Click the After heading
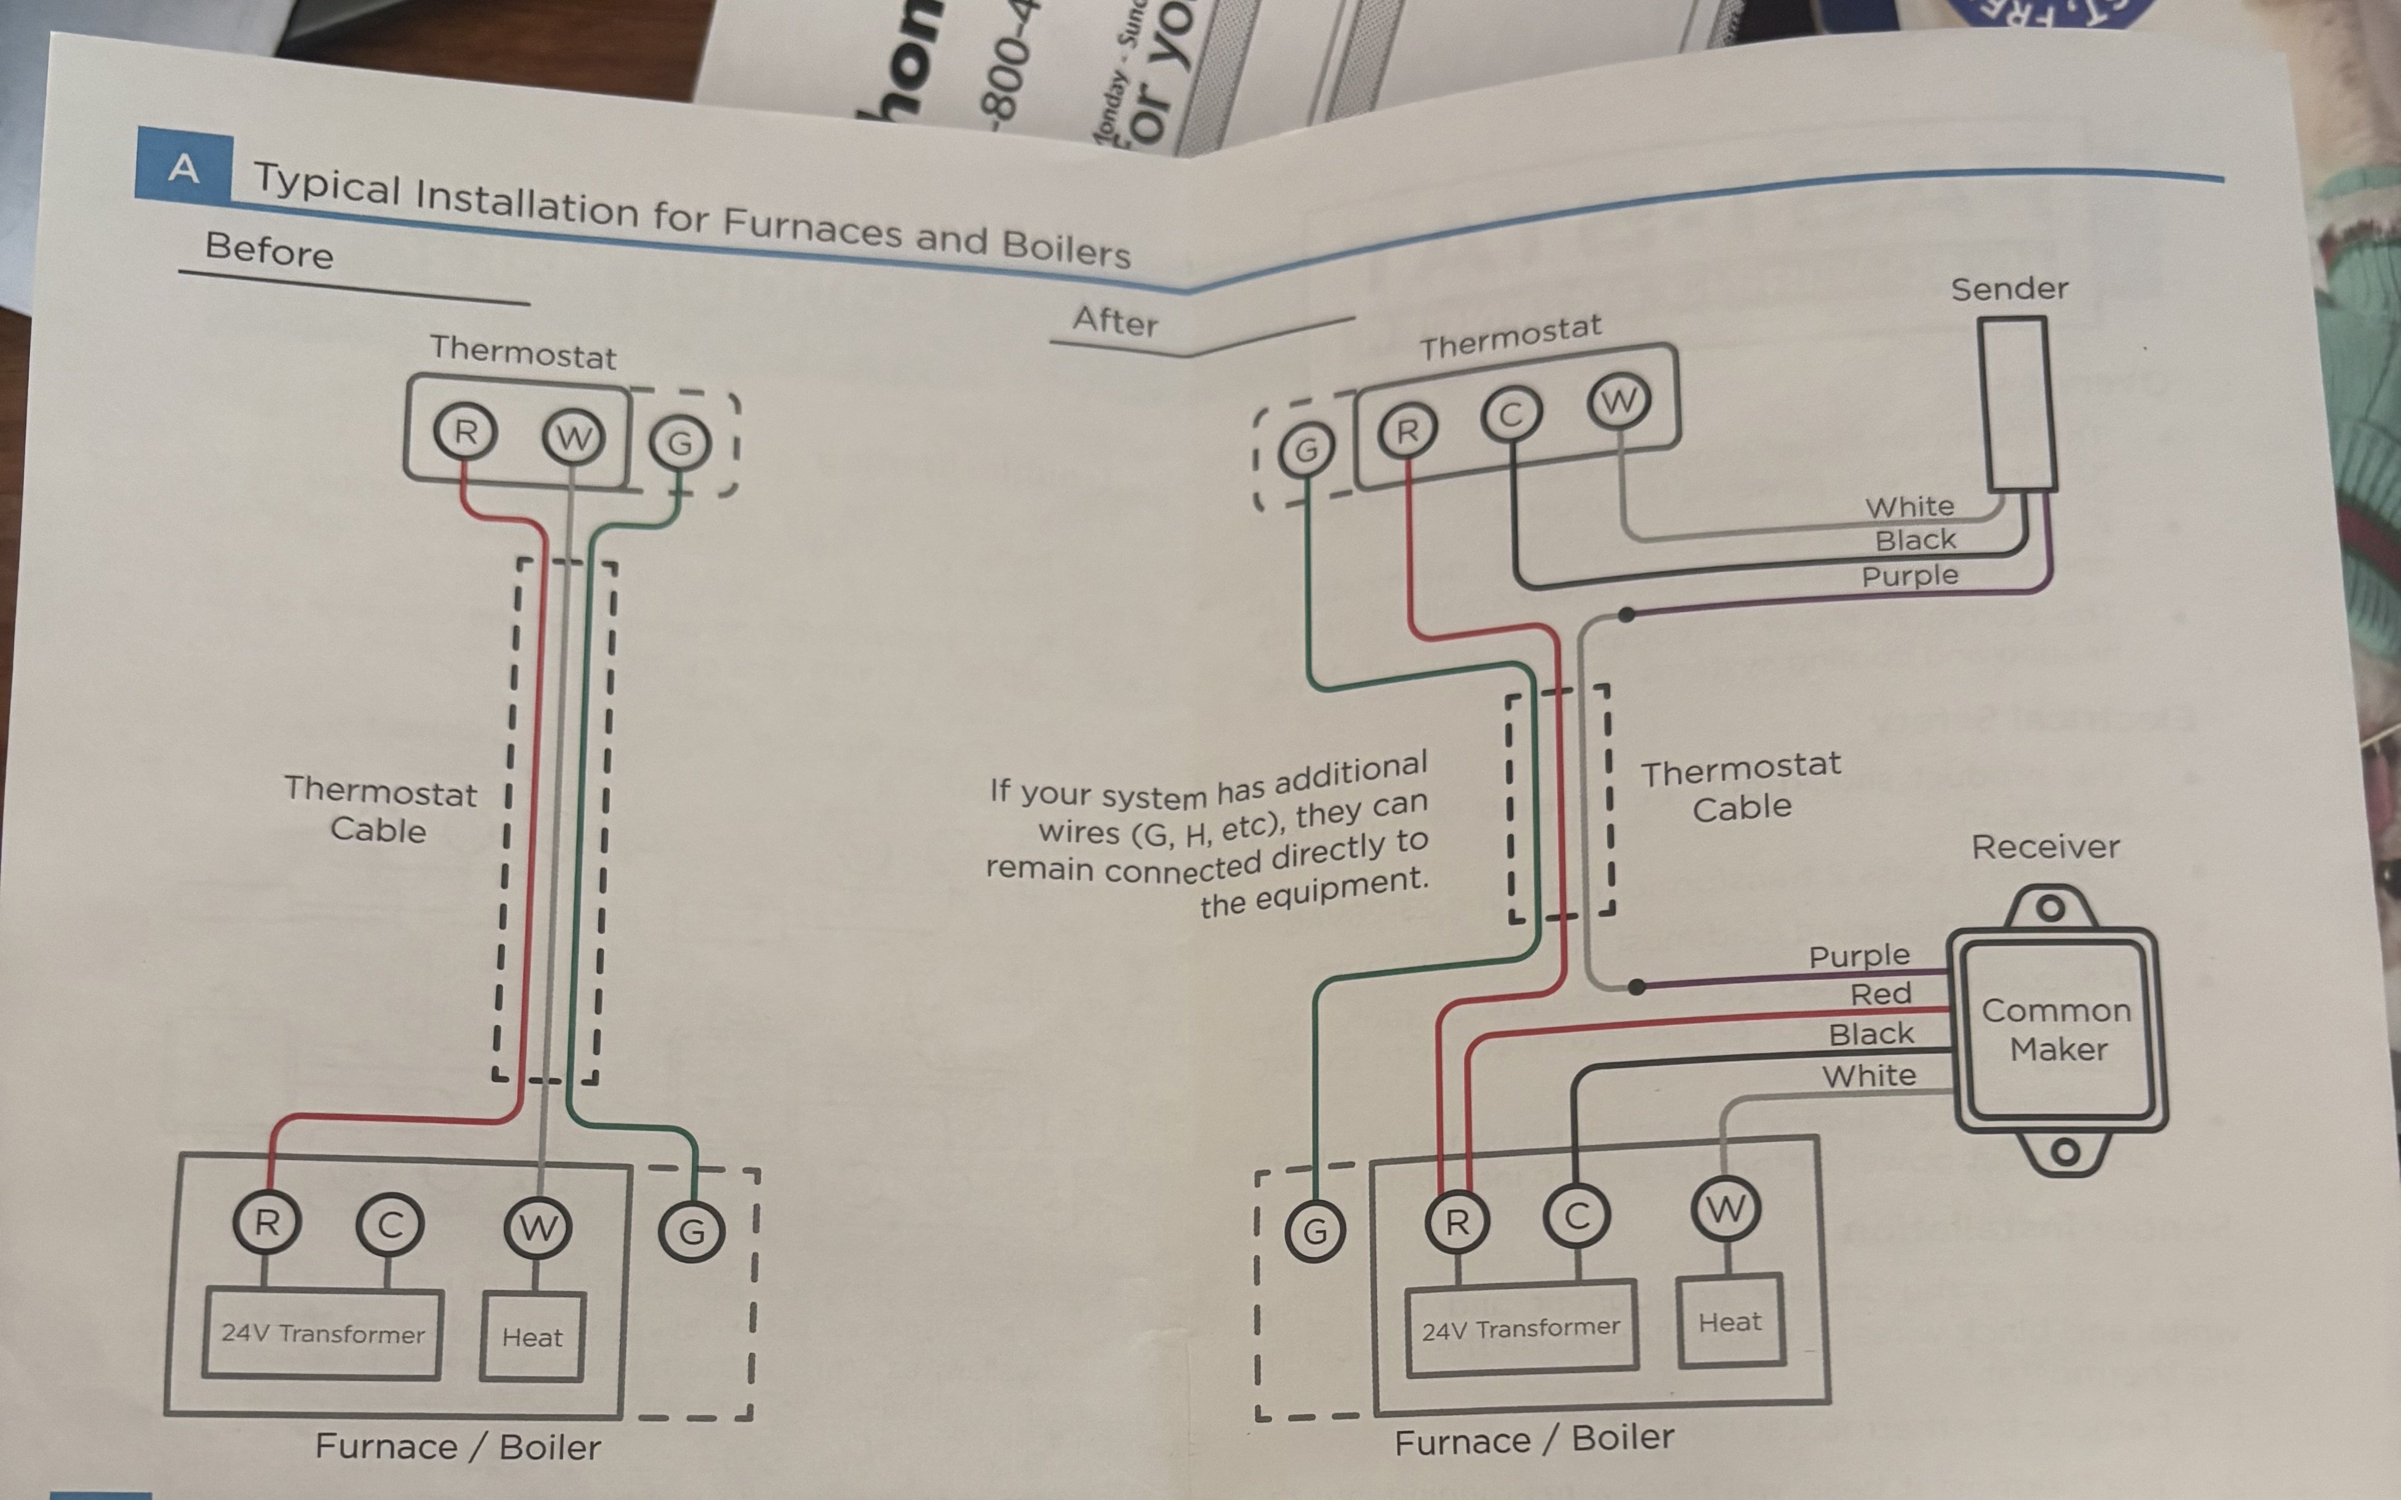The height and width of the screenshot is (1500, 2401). (1115, 321)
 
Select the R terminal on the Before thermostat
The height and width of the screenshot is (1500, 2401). (464, 433)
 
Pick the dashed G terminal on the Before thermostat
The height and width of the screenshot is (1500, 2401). (680, 442)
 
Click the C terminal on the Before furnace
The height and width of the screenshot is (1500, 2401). (389, 1225)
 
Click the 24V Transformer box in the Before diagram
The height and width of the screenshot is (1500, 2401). (322, 1334)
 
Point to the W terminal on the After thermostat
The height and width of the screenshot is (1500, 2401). (1619, 402)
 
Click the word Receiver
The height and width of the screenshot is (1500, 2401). (2045, 847)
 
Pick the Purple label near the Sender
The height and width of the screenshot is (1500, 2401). (1909, 576)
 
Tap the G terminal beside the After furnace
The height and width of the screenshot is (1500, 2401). (1315, 1232)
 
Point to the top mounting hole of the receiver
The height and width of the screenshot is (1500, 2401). (2050, 908)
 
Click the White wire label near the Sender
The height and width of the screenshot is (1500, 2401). (1909, 507)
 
